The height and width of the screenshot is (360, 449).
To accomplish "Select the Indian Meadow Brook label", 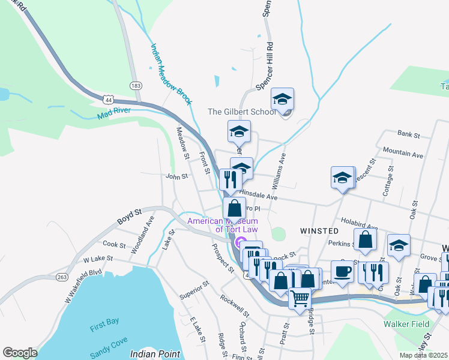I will click(x=170, y=74).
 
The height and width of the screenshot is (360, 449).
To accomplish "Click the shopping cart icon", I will click(x=300, y=296).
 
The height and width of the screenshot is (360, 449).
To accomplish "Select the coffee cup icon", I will click(x=342, y=270).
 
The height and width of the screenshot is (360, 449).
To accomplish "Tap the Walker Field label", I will click(x=406, y=324).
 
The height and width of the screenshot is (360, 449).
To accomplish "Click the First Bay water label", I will click(x=104, y=323).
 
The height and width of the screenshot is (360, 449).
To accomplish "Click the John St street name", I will click(x=177, y=176).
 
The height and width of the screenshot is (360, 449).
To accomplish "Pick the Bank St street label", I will click(x=407, y=133).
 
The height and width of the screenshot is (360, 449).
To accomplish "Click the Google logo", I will click(x=20, y=353).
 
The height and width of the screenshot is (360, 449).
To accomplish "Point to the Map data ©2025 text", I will click(x=424, y=355).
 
